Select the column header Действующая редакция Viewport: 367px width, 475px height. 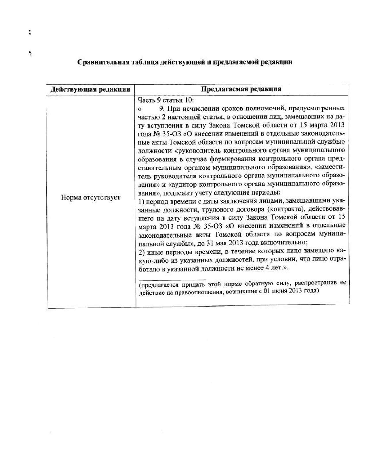point(90,89)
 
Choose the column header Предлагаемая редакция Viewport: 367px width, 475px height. point(241,89)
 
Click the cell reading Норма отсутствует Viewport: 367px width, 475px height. point(90,198)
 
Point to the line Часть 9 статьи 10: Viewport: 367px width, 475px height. point(166,100)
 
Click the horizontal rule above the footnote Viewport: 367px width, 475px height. point(172,280)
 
